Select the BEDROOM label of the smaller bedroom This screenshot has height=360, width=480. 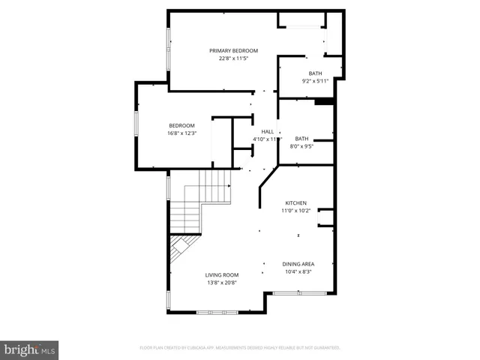pyautogui.click(x=181, y=125)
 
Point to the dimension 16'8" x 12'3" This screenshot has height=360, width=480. pyautogui.click(x=181, y=133)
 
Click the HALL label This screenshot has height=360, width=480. pyautogui.click(x=267, y=131)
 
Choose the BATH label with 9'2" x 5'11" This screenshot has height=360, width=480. pyautogui.click(x=315, y=73)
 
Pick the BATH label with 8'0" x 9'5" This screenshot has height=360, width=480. pyautogui.click(x=301, y=139)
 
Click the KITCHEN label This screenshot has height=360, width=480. pyautogui.click(x=295, y=203)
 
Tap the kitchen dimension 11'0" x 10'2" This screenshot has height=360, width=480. pyautogui.click(x=295, y=211)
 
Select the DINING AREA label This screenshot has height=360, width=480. pyautogui.click(x=298, y=264)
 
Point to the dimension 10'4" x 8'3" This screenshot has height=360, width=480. pyautogui.click(x=298, y=271)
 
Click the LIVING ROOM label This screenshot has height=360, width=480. pyautogui.click(x=221, y=275)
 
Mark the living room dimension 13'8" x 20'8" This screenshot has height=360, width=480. pyautogui.click(x=221, y=283)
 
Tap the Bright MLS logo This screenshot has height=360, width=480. pyautogui.click(x=29, y=349)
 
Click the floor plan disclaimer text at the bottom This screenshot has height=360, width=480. pyautogui.click(x=240, y=348)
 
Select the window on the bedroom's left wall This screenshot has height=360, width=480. pyautogui.click(x=136, y=124)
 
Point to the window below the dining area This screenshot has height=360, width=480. pyautogui.click(x=298, y=292)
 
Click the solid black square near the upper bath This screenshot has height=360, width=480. pyautogui.click(x=324, y=102)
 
